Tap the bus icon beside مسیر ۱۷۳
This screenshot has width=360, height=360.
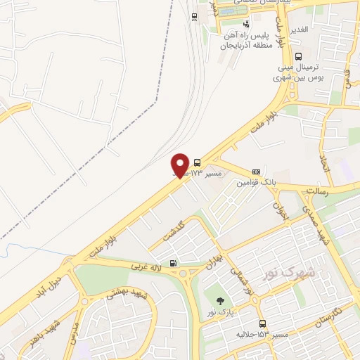[x=197, y=161]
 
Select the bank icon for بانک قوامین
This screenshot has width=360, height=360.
[x=256, y=171]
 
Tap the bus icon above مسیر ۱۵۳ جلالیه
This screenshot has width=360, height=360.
[x=262, y=324]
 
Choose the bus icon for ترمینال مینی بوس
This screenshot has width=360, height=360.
[x=299, y=57]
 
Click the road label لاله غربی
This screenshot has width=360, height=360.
[x=148, y=267]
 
